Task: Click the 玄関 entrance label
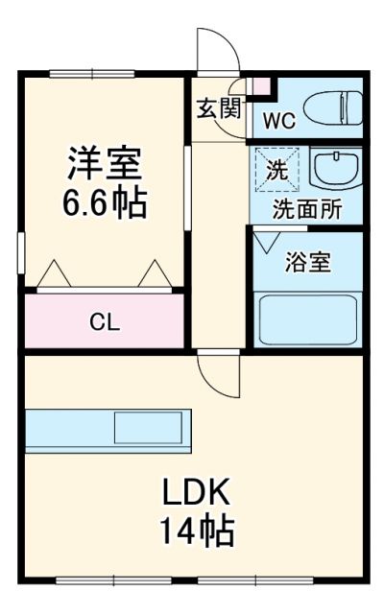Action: (x=219, y=107)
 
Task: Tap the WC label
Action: (x=279, y=122)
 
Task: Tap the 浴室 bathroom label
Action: (x=308, y=263)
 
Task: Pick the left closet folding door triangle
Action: (x=53, y=274)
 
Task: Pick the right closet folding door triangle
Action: (x=153, y=274)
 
